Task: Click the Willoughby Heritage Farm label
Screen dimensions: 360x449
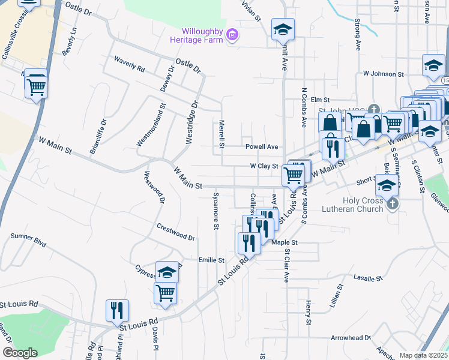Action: click(x=203, y=36)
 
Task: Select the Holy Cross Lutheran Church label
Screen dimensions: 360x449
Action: click(x=363, y=205)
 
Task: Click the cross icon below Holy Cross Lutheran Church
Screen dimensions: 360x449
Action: click(x=392, y=204)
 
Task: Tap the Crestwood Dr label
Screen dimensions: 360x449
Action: click(x=176, y=232)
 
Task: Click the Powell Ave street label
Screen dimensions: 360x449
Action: click(x=262, y=146)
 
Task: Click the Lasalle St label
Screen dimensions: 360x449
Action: click(x=368, y=278)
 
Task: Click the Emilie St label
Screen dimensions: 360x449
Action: click(x=211, y=260)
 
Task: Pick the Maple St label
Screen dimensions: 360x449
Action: click(x=285, y=242)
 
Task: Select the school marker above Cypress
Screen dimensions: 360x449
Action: click(x=167, y=271)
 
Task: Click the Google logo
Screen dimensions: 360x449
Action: click(x=19, y=353)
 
